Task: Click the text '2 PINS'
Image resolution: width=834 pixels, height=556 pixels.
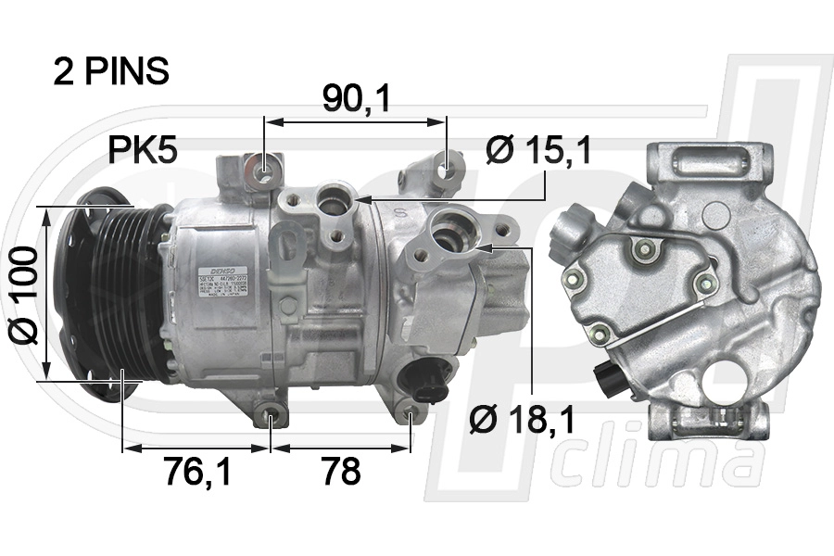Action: [111, 72]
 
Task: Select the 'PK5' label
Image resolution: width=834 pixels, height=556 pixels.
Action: [143, 150]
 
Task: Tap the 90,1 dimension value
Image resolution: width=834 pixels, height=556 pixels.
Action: [355, 99]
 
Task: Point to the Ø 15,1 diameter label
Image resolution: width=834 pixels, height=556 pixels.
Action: [538, 150]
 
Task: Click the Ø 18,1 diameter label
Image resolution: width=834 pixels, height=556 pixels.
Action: [522, 420]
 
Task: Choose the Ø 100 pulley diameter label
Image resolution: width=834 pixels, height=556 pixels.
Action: [25, 295]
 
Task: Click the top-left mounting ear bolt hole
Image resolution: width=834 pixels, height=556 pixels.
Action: [264, 172]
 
